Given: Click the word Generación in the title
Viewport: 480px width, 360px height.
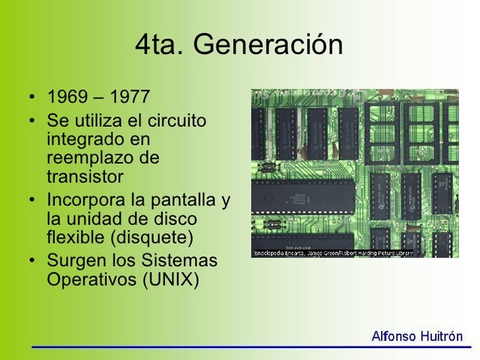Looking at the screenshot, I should (x=268, y=45).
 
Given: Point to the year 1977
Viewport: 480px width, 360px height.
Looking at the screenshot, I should (x=130, y=97).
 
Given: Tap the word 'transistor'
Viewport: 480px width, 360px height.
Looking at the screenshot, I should (x=85, y=178).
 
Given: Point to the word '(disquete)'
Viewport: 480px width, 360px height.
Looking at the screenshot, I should (x=148, y=238).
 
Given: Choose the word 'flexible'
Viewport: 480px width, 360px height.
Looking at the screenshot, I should (x=72, y=238).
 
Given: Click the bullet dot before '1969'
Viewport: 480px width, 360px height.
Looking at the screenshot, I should (x=32, y=98).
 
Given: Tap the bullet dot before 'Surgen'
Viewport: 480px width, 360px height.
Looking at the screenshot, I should (x=32, y=262).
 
